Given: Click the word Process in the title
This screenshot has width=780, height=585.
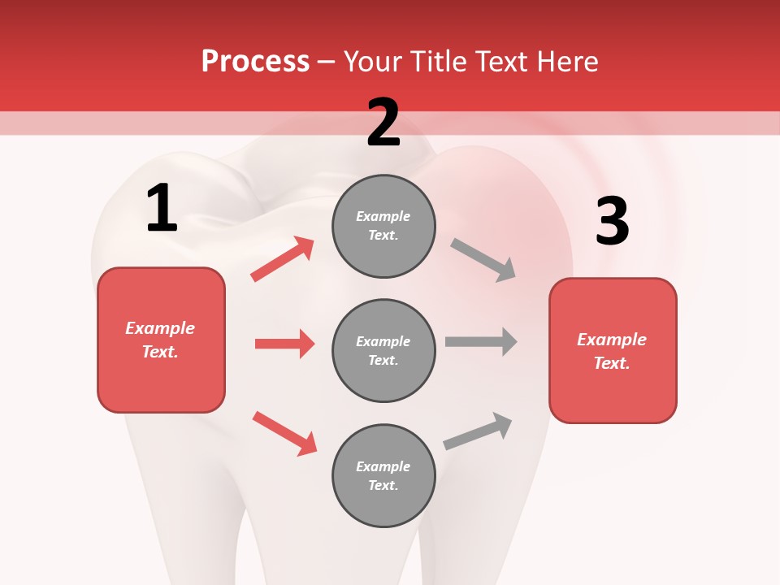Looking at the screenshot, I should click(255, 62).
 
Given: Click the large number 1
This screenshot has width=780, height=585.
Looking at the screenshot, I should click(162, 209).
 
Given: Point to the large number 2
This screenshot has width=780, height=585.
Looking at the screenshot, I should click(383, 123).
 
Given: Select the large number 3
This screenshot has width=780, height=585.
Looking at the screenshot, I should click(612, 222).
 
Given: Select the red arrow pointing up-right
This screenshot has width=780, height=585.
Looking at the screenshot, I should click(283, 258).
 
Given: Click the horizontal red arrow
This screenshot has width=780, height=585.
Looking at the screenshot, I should click(284, 344).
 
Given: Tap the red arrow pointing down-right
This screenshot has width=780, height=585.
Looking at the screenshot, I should click(284, 433).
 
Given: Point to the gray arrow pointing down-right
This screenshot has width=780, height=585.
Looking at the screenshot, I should click(483, 260).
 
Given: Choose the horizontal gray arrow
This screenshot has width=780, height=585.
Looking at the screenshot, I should click(481, 341).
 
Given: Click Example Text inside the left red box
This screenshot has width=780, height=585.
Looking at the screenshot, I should click(160, 340).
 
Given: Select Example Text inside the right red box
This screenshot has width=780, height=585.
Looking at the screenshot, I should click(612, 351).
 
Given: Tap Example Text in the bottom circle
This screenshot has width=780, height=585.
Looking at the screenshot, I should click(383, 475).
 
